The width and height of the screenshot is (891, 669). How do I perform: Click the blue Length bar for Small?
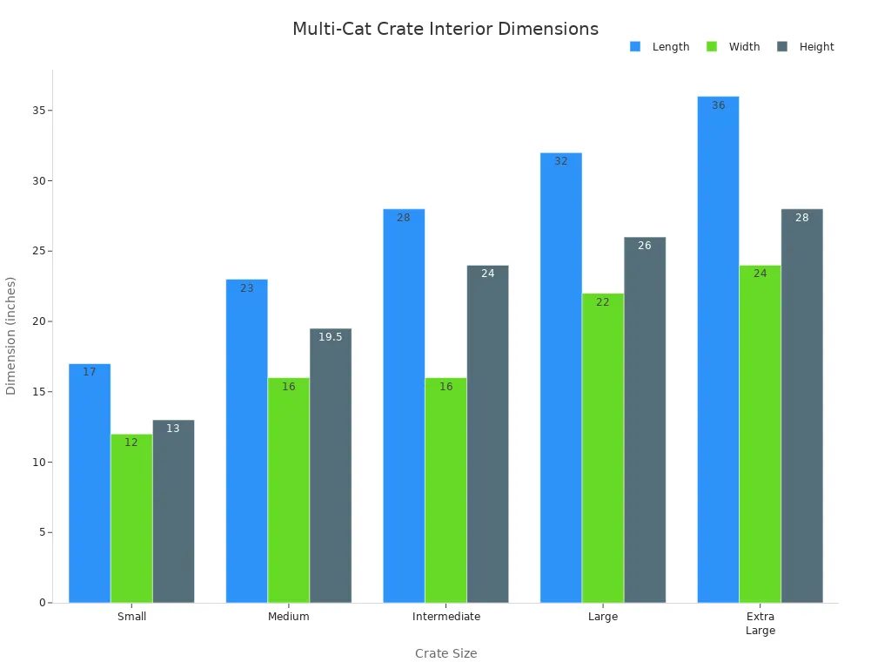pyautogui.click(x=90, y=483)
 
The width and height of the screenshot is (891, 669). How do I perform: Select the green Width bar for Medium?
pyautogui.click(x=289, y=490)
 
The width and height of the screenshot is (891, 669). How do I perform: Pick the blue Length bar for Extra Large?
pyautogui.click(x=718, y=349)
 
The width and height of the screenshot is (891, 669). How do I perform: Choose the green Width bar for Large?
pyautogui.click(x=603, y=448)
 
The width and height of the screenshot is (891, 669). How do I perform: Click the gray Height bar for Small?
pyautogui.click(x=173, y=511)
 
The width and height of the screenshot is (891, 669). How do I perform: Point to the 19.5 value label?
pyautogui.click(x=331, y=337)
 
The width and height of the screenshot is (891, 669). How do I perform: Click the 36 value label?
pyautogui.click(x=718, y=105)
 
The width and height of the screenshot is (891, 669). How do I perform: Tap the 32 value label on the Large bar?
pyautogui.click(x=561, y=161)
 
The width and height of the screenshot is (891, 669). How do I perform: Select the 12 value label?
pyautogui.click(x=131, y=443)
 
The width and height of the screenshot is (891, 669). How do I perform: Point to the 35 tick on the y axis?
pyautogui.click(x=38, y=111)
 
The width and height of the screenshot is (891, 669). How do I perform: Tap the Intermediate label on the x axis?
pyautogui.click(x=445, y=617)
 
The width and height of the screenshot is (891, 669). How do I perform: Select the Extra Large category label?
pyautogui.click(x=760, y=624)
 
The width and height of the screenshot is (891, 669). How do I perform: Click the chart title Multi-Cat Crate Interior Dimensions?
pyautogui.click(x=445, y=29)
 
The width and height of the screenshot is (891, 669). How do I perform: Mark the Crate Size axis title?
pyautogui.click(x=445, y=653)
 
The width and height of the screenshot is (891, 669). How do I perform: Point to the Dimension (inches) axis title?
pyautogui.click(x=11, y=335)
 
